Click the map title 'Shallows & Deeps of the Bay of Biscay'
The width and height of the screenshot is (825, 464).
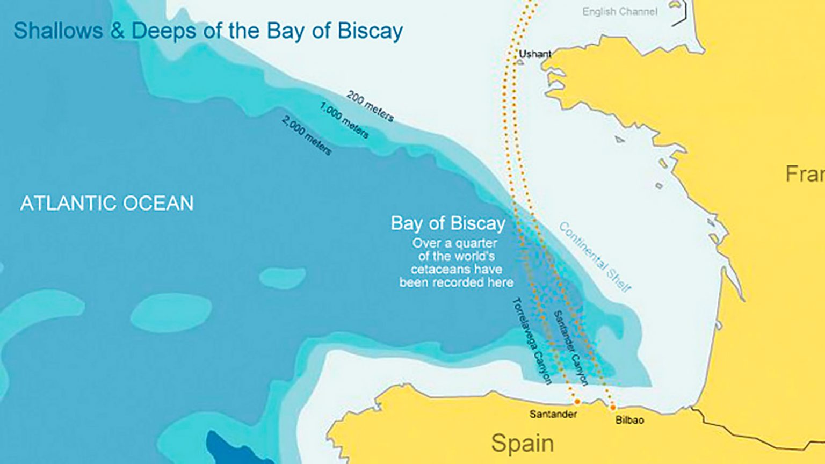pyautogui.click(x=208, y=31)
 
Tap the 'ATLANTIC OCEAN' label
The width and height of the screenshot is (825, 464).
pyautogui.click(x=107, y=204)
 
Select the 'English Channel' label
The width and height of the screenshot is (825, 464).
pyautogui.click(x=619, y=12)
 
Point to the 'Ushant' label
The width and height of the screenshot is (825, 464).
pyautogui.click(x=534, y=54)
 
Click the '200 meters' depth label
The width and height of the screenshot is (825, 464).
pyautogui.click(x=370, y=106)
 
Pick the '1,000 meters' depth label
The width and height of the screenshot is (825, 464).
pyautogui.click(x=344, y=120)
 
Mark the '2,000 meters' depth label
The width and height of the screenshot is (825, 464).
pyautogui.click(x=306, y=136)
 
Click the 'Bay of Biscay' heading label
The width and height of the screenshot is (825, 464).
pyautogui.click(x=448, y=223)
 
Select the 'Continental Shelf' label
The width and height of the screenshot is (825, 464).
pyautogui.click(x=595, y=257)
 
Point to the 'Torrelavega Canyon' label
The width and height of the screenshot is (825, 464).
pyautogui.click(x=532, y=341)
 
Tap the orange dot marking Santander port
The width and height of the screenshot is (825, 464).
pyautogui.click(x=577, y=402)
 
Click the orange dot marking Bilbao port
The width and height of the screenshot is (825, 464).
pyautogui.click(x=612, y=408)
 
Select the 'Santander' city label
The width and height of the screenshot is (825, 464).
pyautogui.click(x=553, y=414)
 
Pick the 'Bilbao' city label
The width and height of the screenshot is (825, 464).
pyautogui.click(x=629, y=420)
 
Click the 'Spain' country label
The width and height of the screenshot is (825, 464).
pyautogui.click(x=522, y=443)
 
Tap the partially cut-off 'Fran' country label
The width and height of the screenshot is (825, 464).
pyautogui.click(x=804, y=174)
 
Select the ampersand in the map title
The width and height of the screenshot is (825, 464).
pyautogui.click(x=117, y=31)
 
